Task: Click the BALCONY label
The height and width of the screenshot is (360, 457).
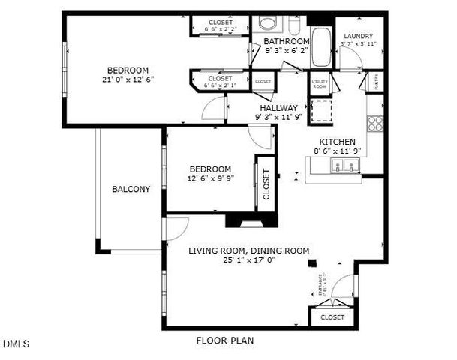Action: pos(131,190)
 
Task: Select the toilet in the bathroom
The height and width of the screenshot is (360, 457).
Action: pos(266,23)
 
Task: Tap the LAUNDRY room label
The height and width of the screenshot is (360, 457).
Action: pos(359,37)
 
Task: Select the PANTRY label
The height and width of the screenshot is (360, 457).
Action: pos(376,80)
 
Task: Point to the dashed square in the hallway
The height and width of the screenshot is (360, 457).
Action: pos(322,110)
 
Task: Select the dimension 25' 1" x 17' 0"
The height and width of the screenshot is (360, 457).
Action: pos(248,261)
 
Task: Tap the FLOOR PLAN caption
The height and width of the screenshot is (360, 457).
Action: pos(225,340)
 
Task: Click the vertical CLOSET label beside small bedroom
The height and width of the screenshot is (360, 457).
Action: pos(266,184)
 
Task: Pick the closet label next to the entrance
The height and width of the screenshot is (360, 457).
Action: pos(332,317)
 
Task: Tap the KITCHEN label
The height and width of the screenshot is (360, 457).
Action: pos(338,142)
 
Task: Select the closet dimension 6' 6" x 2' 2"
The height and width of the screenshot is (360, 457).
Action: pos(220,30)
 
